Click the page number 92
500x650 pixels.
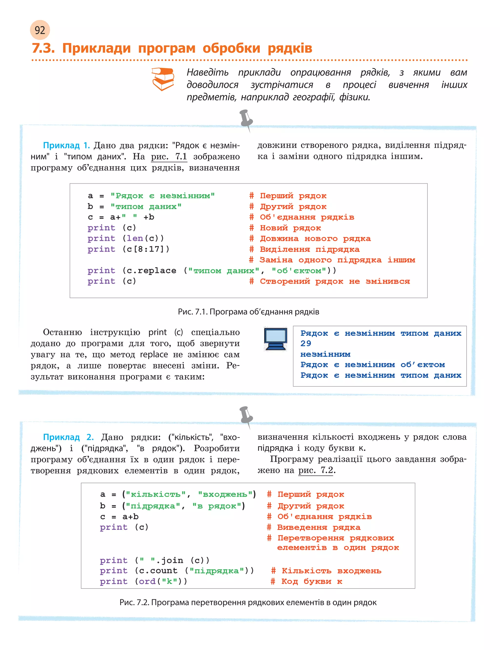coord(40,30)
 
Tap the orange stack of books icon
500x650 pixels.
coord(163,79)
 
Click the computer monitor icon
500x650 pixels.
coord(276,339)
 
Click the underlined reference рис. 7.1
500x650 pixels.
coord(169,156)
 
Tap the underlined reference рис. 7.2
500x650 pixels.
coord(315,470)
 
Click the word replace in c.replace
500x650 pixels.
coord(157,270)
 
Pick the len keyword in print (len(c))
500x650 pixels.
coord(135,238)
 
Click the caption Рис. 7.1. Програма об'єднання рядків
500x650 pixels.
coord(249,312)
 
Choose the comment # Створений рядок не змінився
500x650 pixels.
coord(329,281)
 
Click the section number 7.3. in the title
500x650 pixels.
coord(43,48)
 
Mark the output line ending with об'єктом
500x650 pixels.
coord(372,364)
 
